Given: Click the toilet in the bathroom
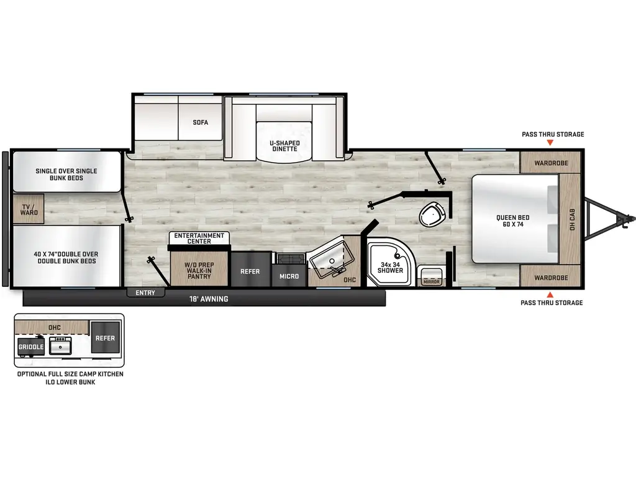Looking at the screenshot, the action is pos(432,214).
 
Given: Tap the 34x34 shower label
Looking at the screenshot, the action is pos(390,267).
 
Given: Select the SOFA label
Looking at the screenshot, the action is pos(201,122).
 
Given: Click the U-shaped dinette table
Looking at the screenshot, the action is pos(284,142).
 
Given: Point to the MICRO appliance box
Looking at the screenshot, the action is pos(289,276).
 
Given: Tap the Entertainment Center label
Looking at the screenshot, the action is pos(199,238).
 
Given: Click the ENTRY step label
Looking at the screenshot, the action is pos(145,293).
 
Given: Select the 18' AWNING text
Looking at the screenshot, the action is pos(209,299).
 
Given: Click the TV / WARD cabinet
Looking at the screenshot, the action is pos(29,209).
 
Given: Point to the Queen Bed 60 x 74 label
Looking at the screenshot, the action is pos(512,220).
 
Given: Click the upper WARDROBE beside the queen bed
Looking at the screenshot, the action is pos(550,163).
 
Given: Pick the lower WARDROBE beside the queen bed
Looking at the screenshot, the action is pos(550,278).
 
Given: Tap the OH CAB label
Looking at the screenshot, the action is pos(572,219).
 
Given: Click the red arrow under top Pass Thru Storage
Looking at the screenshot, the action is pos(550,142).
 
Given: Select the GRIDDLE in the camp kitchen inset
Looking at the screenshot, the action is pos(31,347).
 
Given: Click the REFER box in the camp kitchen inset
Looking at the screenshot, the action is pos(105,337).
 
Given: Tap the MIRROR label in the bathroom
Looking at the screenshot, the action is pos(431,281).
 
